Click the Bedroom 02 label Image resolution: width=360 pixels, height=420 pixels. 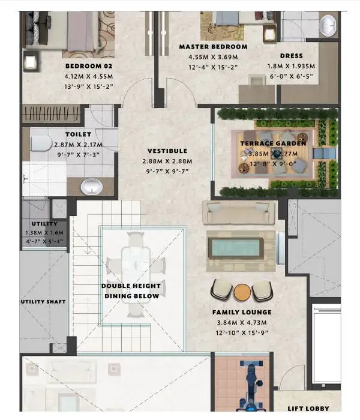(89, 66)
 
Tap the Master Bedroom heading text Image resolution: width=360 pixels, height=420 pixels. (213, 47)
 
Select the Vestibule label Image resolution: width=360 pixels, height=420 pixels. (167, 151)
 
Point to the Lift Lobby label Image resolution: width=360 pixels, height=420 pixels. (308, 409)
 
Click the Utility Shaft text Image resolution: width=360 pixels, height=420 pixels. (43, 302)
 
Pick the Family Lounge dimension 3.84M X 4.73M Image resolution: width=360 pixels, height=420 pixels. (242, 323)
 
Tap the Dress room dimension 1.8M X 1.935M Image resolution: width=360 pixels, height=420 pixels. (291, 66)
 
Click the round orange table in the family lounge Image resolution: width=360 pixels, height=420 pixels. (242, 292)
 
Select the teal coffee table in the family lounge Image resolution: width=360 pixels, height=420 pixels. (236, 248)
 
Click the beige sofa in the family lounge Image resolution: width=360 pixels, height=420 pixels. (239, 212)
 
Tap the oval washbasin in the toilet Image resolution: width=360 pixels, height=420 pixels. (92, 187)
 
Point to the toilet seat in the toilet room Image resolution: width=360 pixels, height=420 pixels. (41, 143)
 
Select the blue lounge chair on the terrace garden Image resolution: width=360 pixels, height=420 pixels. (325, 154)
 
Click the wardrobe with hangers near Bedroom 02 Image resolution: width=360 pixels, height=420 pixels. (51, 113)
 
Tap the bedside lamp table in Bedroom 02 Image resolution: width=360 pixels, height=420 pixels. (30, 61)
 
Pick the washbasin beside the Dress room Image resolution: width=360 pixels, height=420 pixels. (328, 25)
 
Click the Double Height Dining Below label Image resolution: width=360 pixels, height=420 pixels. (131, 291)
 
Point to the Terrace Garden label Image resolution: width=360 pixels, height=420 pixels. (273, 143)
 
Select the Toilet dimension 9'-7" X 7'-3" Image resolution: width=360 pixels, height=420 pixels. (78, 155)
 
